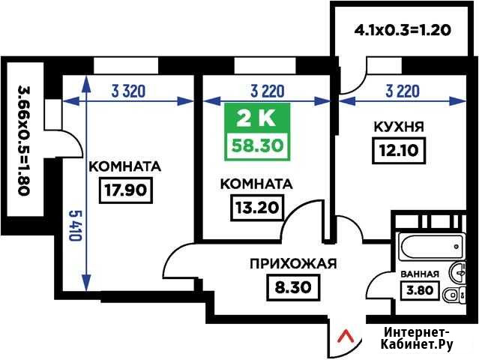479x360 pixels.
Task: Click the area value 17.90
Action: (126, 190)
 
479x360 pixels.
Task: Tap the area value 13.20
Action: (257, 208)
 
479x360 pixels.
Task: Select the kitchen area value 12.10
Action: (399, 150)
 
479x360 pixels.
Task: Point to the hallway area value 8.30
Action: (293, 287)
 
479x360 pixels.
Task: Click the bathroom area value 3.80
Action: (420, 289)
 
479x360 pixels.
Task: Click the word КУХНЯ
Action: (399, 127)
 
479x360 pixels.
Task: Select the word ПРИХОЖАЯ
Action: (293, 264)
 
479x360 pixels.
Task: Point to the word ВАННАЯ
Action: (420, 274)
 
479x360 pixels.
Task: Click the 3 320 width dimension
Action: (128, 91)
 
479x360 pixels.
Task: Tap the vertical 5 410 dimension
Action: (75, 226)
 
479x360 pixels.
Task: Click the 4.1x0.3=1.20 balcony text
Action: (403, 31)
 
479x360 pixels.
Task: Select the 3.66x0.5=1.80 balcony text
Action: (24, 140)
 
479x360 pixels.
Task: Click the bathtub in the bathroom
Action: (431, 246)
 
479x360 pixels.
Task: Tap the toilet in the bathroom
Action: (454, 295)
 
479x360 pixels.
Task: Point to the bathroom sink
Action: (457, 271)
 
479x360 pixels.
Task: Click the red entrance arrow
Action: (346, 336)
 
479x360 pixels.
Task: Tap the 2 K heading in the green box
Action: (256, 119)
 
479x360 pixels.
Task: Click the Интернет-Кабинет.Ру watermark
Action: (417, 338)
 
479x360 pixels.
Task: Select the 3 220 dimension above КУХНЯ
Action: (403, 91)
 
